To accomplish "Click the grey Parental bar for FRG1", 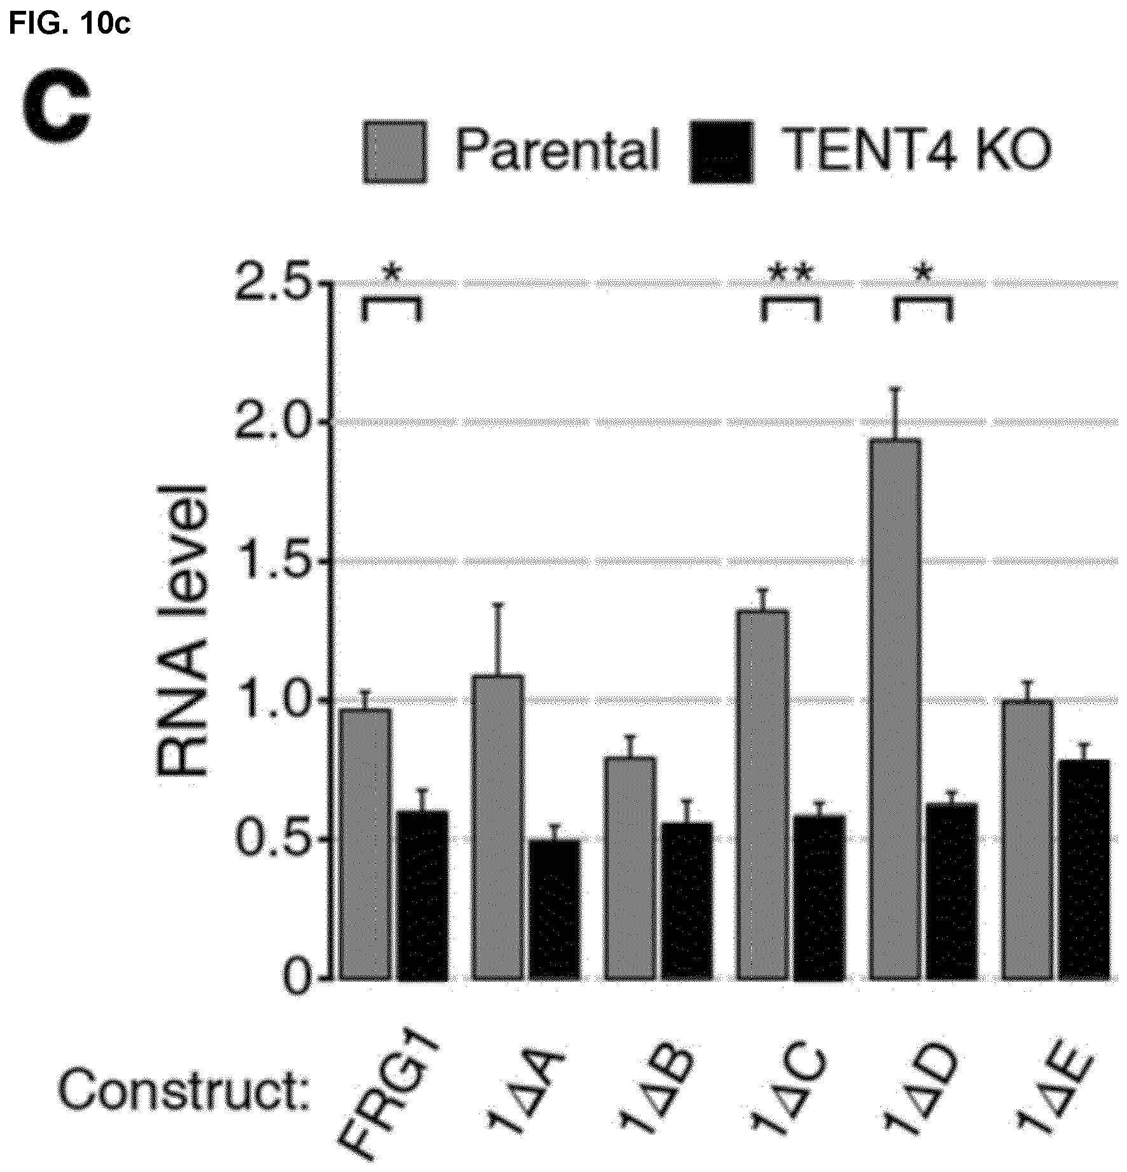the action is point(364,843).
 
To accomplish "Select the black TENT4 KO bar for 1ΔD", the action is point(951,891).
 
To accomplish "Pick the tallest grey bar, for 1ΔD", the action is point(895,708).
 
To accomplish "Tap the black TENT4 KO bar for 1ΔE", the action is point(1084,869).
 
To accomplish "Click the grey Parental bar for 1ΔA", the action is point(498,827).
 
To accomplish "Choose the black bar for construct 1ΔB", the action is point(686,900).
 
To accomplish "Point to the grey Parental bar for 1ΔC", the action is point(763,794).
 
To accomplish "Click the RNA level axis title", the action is point(181,630).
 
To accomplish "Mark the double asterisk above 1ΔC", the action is point(791,275).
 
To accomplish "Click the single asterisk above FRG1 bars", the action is point(392,275).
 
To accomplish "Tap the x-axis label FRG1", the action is point(391,1094).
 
